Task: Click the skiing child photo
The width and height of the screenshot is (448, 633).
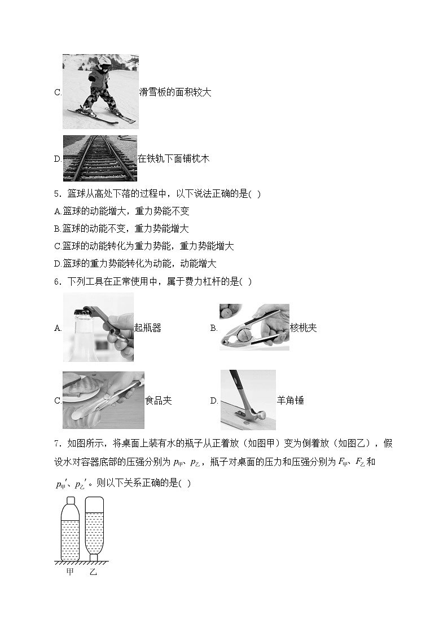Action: pos(100,91)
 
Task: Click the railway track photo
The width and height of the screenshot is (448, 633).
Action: pos(100,158)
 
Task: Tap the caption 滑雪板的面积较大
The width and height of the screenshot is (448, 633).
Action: pos(175,92)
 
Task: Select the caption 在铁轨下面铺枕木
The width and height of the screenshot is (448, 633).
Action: pos(173,159)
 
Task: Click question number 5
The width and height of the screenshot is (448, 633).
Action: pos(57,194)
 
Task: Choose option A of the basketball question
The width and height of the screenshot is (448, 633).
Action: pos(121,211)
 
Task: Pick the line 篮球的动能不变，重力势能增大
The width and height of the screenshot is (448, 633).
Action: pos(121,228)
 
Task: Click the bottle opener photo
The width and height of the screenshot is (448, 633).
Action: pos(98,327)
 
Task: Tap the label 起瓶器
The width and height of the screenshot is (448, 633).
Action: pos(148,327)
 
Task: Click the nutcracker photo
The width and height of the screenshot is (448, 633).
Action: pos(254,327)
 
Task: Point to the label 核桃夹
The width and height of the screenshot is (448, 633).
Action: pos(304,327)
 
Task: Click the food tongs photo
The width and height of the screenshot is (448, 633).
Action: pos(103,400)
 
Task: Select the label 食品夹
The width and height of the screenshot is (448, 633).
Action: pos(159,401)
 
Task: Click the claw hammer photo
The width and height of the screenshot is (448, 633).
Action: pos(248,400)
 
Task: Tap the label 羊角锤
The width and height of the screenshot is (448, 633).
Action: pos(291,401)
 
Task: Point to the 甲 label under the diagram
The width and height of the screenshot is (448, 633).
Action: pos(71,571)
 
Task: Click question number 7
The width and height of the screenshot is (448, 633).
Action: pos(57,444)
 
